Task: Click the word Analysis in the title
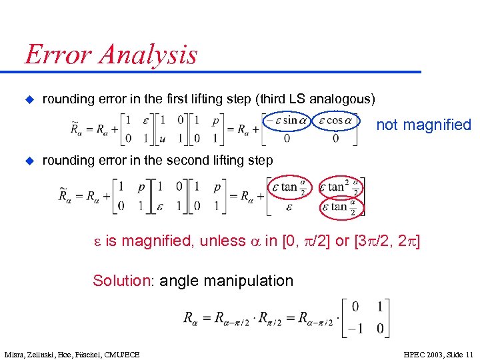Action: coord(149,55)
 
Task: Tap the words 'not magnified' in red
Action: coord(424,125)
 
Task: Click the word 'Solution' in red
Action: coord(122,281)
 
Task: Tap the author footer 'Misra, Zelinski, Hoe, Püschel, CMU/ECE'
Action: coord(72,354)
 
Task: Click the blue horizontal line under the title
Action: coord(220,71)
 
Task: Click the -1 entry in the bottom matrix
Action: coord(355,328)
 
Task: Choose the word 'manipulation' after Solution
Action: coord(253,281)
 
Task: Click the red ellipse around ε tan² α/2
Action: coord(342,187)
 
